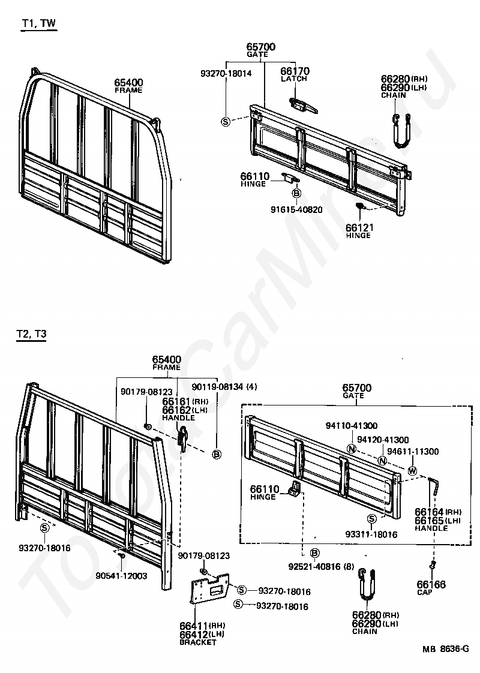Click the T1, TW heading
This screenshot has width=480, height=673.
(x=40, y=23)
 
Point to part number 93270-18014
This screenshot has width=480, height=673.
(x=226, y=73)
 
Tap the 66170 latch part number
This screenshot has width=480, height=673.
(x=295, y=71)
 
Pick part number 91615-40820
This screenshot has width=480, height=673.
(x=296, y=209)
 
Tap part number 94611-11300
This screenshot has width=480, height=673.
(x=413, y=451)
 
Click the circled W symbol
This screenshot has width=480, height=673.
(x=412, y=471)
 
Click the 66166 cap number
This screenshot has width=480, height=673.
(x=432, y=584)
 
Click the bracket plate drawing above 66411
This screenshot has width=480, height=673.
(x=208, y=594)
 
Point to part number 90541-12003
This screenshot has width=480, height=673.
(x=122, y=576)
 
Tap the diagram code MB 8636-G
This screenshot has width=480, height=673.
(x=446, y=648)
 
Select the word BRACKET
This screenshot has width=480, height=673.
(x=197, y=642)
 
